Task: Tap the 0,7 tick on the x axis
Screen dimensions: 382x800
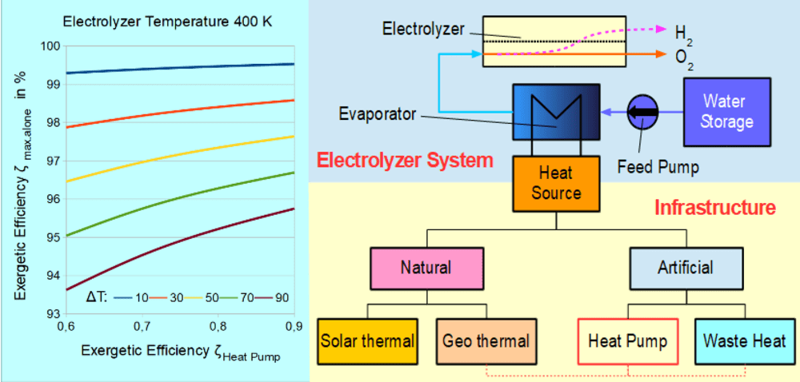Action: pos(142,326)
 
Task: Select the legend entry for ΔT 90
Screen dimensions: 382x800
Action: pos(268,297)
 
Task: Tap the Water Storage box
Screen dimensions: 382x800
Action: pos(727,112)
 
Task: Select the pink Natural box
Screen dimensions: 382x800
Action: pos(426,267)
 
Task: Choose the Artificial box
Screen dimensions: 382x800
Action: pos(685,267)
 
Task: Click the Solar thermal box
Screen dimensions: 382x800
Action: pos(367,341)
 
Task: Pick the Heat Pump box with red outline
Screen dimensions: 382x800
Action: pos(627,341)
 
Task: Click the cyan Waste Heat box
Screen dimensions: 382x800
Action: pos(744,341)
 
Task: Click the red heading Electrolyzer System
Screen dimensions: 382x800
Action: pos(405,160)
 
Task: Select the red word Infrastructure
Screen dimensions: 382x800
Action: pos(714,209)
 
